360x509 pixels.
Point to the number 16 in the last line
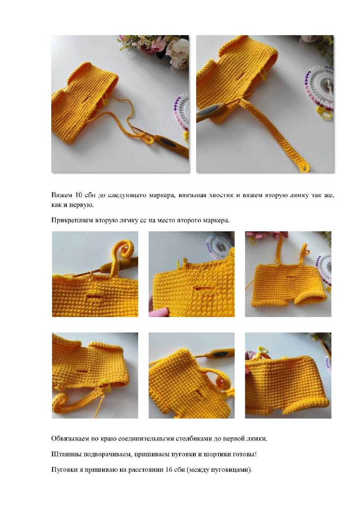click(169, 470)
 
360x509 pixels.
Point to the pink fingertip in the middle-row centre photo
click(158, 312)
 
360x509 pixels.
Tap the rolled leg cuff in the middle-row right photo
click(311, 300)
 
